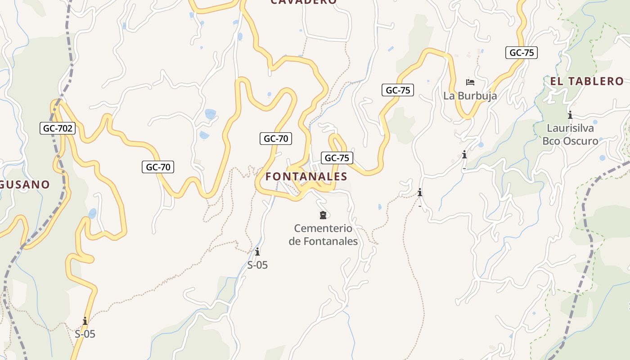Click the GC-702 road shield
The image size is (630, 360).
pyautogui.click(x=58, y=128)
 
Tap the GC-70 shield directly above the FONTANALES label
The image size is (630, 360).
pyautogui.click(x=276, y=139)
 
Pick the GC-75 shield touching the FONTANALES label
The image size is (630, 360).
pyautogui.click(x=337, y=158)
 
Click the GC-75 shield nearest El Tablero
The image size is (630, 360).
pyautogui.click(x=522, y=53)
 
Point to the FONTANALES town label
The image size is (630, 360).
pyautogui.click(x=306, y=176)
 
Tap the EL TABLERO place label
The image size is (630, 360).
pyautogui.click(x=587, y=81)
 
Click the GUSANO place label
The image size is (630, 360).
pyautogui.click(x=25, y=184)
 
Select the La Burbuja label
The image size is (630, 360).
pyautogui.click(x=470, y=96)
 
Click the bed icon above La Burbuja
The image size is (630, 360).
pyautogui.click(x=470, y=82)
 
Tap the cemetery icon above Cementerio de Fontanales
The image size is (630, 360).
pyautogui.click(x=323, y=215)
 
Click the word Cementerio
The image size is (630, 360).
pyautogui.click(x=323, y=229)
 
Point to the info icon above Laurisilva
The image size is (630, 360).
pyautogui.click(x=570, y=114)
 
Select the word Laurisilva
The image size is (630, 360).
pyautogui.click(x=570, y=128)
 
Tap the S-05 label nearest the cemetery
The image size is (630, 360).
pyautogui.click(x=257, y=265)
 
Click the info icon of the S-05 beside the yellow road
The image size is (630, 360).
pyautogui.click(x=85, y=321)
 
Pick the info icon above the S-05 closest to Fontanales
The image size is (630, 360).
pyautogui.click(x=257, y=252)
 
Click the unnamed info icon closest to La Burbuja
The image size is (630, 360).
pyautogui.click(x=464, y=155)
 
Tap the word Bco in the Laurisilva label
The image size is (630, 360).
pyautogui.click(x=551, y=141)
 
